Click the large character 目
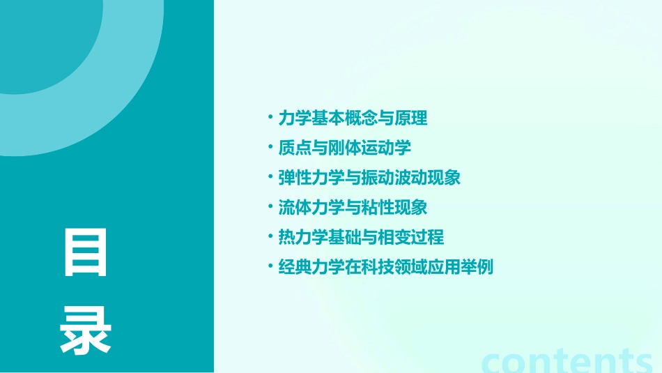86,252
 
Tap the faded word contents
568,360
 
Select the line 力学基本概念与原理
353,119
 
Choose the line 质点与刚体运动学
344,148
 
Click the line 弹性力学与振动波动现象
369,178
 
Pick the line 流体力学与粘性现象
353,207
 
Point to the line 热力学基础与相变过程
361,237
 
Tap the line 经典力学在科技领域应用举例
385,266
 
